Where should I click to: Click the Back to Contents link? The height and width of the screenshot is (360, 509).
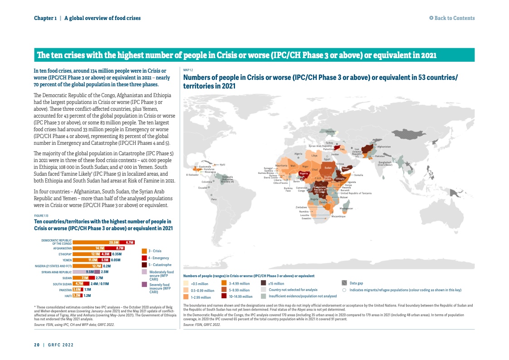[452, 18]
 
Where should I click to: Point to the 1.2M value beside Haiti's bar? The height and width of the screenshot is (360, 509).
[88, 295]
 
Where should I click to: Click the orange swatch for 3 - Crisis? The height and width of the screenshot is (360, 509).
[144, 251]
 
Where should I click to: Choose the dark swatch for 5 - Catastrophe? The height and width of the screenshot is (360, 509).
[144, 265]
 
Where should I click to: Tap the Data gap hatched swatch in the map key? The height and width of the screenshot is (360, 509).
[344, 283]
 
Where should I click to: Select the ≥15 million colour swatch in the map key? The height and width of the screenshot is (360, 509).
[264, 283]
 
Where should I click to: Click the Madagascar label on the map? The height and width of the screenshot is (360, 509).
[346, 208]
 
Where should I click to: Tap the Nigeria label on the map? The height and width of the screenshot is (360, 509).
[304, 173]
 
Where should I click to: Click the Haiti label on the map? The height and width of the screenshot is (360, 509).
[222, 164]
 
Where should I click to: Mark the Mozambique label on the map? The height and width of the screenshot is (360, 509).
[338, 217]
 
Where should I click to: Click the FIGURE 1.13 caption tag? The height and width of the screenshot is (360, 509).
[41, 216]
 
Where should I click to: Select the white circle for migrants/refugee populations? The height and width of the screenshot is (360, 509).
[344, 290]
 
